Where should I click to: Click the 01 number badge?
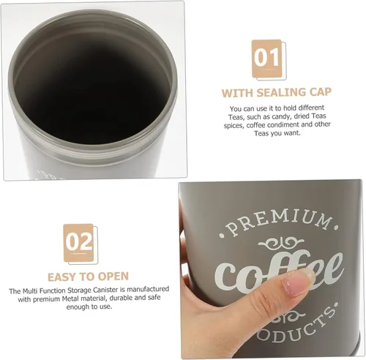pos(266,56)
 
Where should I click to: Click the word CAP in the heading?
pos(318,93)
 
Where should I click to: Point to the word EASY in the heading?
pos(63,277)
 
